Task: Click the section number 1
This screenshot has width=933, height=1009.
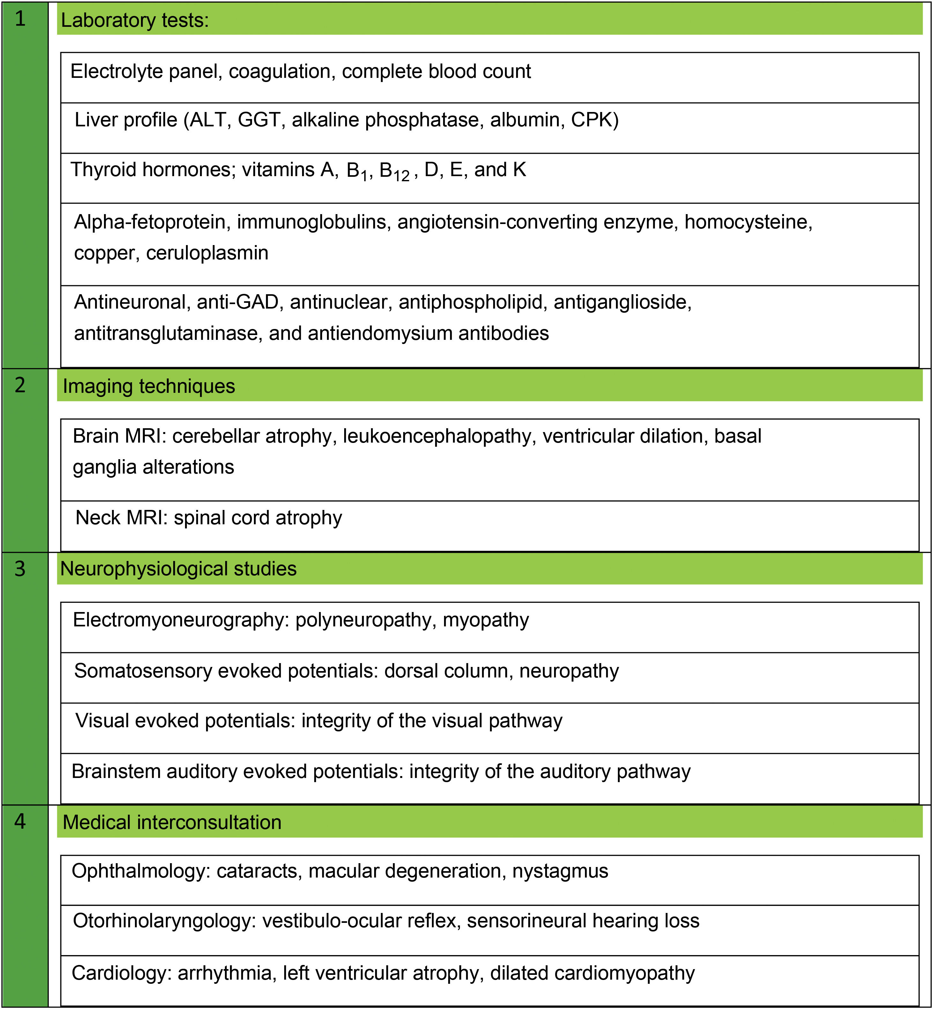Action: (x=20, y=19)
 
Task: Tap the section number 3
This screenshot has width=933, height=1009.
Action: (x=20, y=569)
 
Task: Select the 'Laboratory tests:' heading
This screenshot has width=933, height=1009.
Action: (x=135, y=20)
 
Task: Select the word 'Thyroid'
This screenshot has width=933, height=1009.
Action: (x=103, y=170)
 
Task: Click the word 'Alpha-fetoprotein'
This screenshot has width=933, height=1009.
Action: (x=150, y=222)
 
